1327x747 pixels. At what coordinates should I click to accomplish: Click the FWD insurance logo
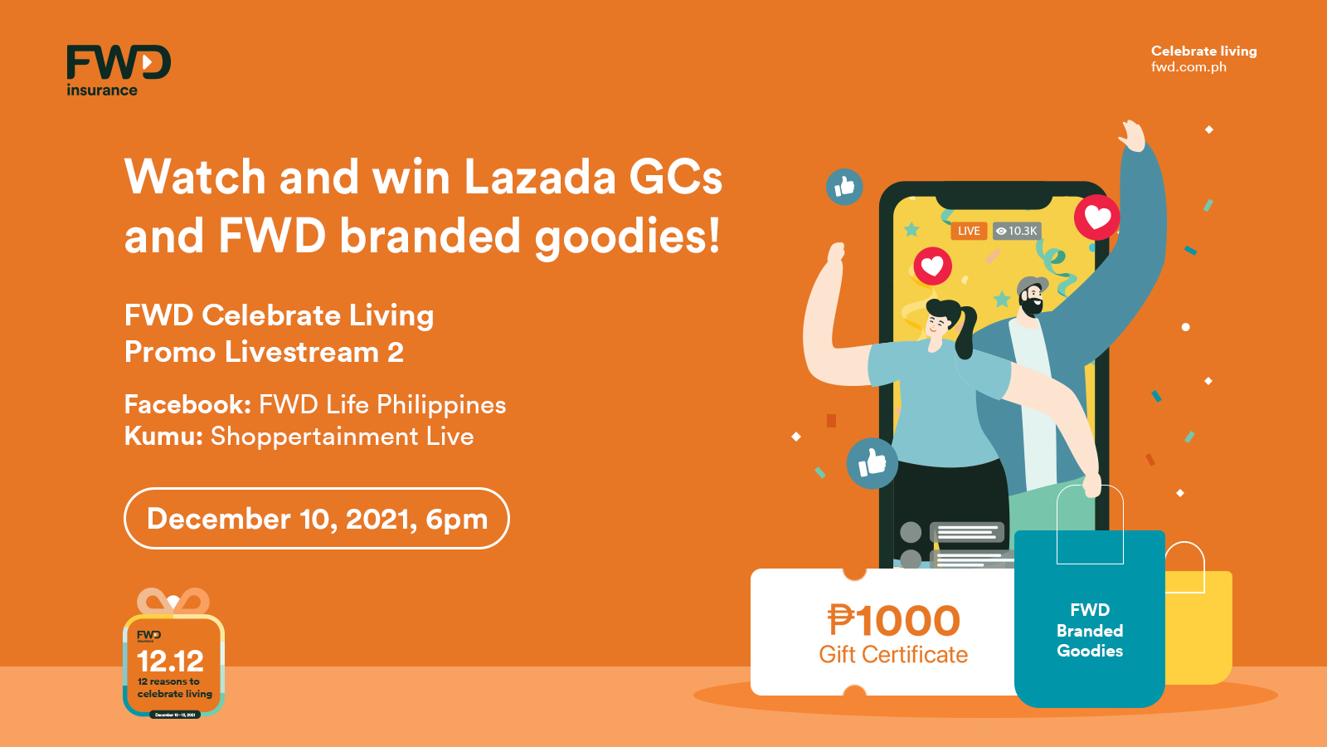pos(118,70)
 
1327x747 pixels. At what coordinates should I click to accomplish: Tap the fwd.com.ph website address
pos(1188,67)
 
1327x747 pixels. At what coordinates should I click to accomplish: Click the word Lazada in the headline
pos(539,177)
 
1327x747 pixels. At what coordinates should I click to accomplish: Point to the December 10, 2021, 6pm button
pos(316,519)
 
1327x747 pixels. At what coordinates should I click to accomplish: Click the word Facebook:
pos(187,404)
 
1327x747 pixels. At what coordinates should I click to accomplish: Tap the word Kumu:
pos(163,436)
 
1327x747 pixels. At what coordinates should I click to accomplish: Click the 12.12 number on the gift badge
pos(170,661)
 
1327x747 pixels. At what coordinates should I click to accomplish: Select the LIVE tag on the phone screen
pos(968,231)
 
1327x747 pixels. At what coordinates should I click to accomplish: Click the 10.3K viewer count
pos(1017,231)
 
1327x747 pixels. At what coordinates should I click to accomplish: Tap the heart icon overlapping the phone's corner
pos(1096,217)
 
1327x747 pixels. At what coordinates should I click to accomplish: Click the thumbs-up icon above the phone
pos(844,187)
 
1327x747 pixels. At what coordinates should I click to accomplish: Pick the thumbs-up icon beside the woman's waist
pos(872,462)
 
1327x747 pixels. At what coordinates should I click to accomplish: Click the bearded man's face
pos(1031,298)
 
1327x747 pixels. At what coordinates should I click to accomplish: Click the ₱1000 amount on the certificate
pos(893,621)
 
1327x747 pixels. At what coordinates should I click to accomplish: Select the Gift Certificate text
pos(893,655)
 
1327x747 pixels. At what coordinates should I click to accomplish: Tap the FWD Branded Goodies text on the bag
pos(1089,631)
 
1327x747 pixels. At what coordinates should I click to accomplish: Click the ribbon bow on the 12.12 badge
pos(173,601)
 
